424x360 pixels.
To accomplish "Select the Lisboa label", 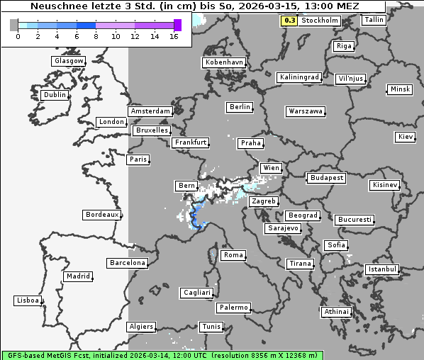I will point(28,300).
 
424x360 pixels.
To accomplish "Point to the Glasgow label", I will point(68,61).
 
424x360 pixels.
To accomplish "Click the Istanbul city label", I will point(383,269).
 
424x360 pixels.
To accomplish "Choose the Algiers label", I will point(140,327).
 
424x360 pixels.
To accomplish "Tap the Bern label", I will point(186,186).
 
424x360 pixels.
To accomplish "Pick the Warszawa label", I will point(306,111).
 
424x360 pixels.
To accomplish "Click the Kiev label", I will point(406,136).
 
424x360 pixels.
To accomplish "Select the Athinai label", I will point(336,312).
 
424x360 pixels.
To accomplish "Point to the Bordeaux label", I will point(101,215).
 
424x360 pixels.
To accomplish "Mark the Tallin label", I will point(374,20).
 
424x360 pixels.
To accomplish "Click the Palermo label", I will point(233,308).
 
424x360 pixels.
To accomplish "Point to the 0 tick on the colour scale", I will point(18,36).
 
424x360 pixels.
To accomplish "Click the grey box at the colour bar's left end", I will point(13,25).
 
